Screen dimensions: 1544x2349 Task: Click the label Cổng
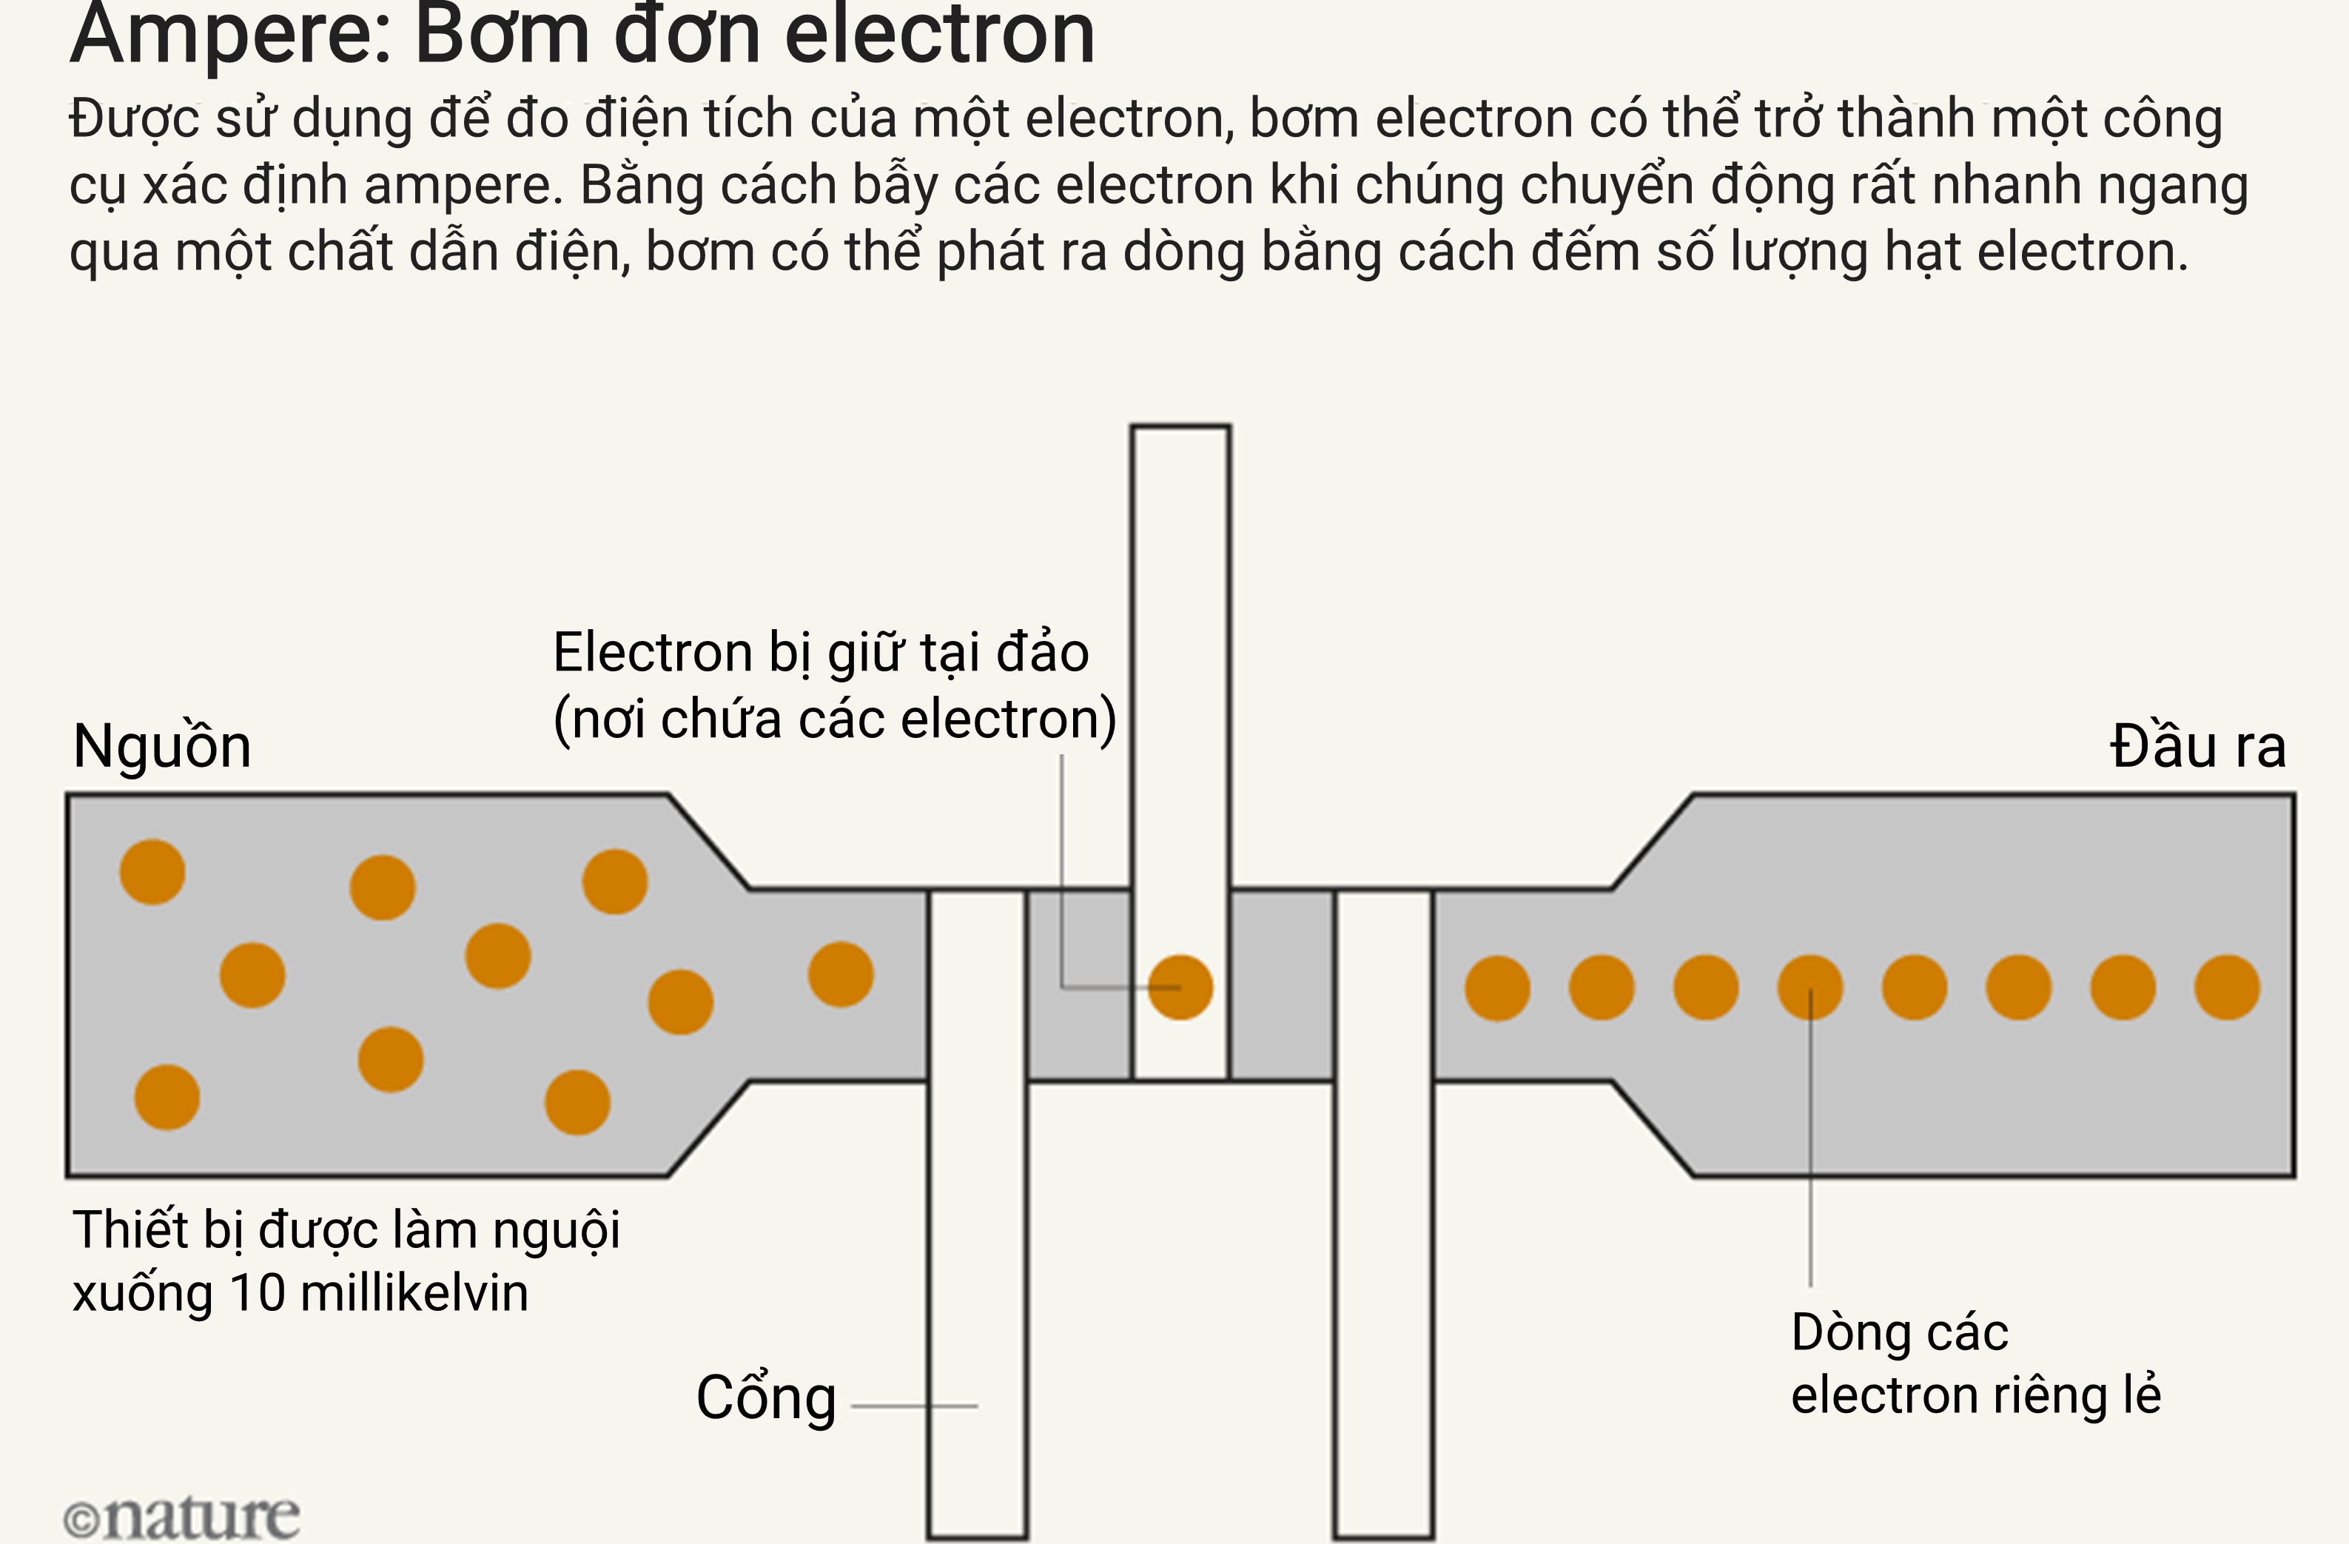click(x=766, y=1398)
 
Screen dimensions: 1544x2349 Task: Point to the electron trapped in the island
click(x=1180, y=987)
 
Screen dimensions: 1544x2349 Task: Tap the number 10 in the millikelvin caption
click(x=258, y=1293)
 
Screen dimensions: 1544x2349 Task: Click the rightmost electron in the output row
click(x=2228, y=987)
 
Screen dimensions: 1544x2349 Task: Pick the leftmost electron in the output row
click(x=1497, y=987)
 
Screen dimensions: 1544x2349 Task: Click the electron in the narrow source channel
click(x=841, y=974)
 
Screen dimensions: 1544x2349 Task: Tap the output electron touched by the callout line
click(x=1810, y=987)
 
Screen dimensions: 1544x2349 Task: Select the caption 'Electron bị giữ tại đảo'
click(x=821, y=654)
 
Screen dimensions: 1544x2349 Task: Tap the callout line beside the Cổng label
click(x=914, y=1406)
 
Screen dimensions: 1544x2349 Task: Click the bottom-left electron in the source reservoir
click(x=167, y=1097)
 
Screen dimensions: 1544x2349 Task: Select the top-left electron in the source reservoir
click(x=152, y=872)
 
